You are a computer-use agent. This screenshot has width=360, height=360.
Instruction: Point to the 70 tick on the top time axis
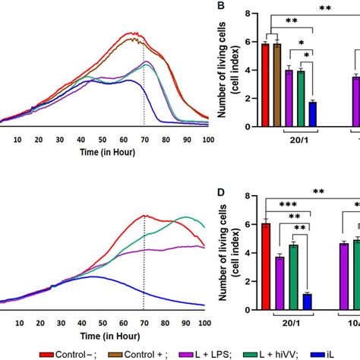tap(143, 140)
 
